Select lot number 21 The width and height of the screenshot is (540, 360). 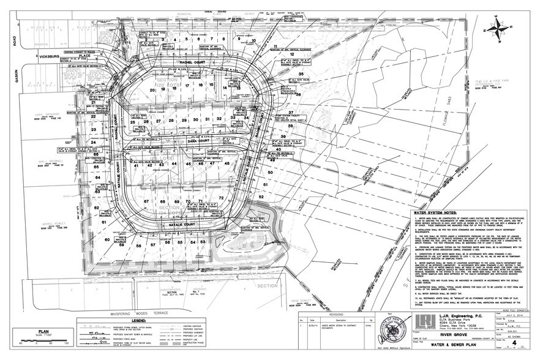coord(94,103)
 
